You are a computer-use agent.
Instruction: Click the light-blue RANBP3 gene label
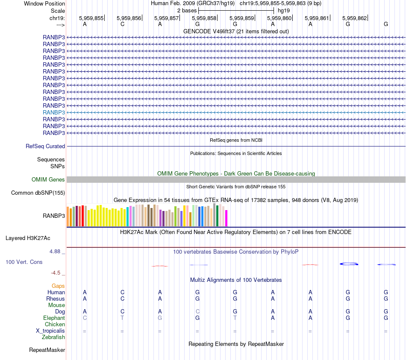54,112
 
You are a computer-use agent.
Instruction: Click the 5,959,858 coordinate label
204,18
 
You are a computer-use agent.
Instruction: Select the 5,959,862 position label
354,18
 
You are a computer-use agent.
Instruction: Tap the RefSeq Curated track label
45,146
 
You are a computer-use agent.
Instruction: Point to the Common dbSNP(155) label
38,193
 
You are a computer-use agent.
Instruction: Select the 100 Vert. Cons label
24,262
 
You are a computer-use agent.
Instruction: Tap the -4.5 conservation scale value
56,272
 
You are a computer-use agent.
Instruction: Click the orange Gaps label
58,286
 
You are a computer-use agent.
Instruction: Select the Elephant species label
54,318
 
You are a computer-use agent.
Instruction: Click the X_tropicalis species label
50,331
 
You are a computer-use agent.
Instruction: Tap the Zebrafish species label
53,337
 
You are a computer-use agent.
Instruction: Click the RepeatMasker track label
47,350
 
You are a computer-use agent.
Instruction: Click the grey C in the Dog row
197,311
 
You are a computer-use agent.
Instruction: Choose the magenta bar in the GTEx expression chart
226,218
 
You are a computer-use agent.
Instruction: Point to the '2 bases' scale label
187,10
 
